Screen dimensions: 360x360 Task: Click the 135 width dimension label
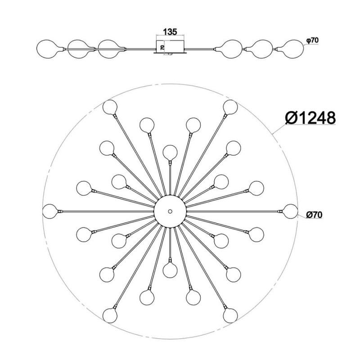170,32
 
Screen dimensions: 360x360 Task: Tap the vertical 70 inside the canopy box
162,48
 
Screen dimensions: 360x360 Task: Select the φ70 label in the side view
312,40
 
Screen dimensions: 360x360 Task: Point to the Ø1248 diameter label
310,118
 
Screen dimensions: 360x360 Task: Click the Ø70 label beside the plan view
314,215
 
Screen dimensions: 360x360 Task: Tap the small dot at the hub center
170,211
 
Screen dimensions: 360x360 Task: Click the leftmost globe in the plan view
50,211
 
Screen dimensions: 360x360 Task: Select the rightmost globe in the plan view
290,211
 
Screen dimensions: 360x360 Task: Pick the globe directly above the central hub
170,152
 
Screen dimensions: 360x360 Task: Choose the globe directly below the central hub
170,270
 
